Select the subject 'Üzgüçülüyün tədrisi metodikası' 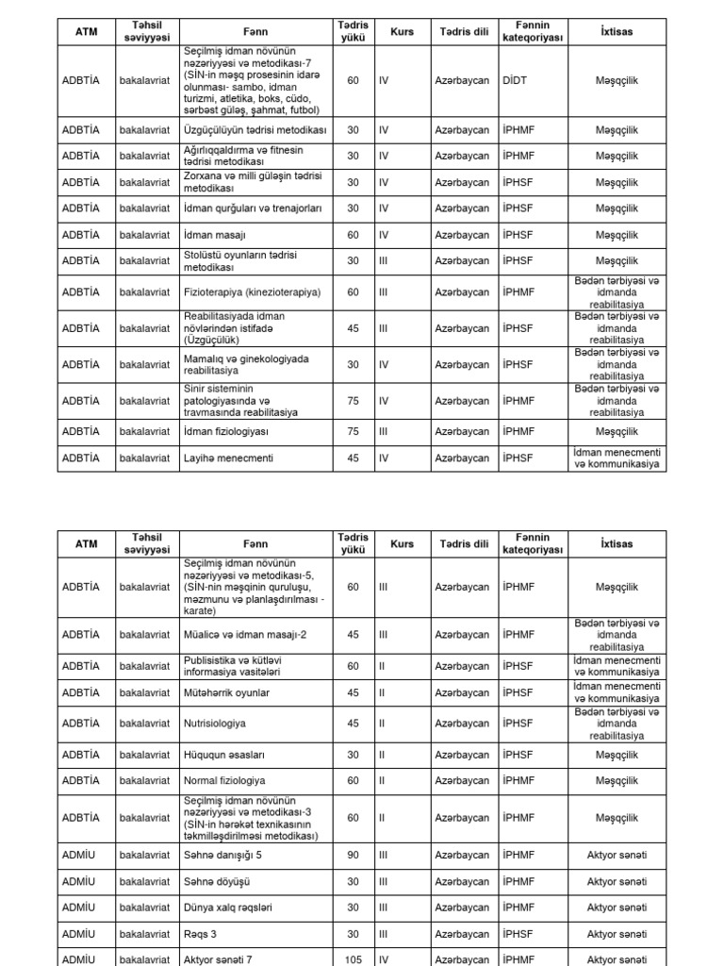click(255, 128)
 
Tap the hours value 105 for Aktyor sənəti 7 click(353, 959)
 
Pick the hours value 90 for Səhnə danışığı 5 click(353, 855)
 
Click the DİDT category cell click(515, 80)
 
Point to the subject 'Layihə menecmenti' click(228, 458)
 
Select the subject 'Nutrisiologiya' click(214, 724)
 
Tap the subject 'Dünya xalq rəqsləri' click(227, 908)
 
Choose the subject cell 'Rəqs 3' click(201, 934)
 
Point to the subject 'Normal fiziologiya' click(224, 781)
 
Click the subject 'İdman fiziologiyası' click(226, 431)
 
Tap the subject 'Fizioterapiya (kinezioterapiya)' click(253, 292)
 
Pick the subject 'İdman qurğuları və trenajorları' click(254, 208)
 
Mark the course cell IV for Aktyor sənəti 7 click(383, 959)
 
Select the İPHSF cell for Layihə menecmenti click(518, 458)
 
